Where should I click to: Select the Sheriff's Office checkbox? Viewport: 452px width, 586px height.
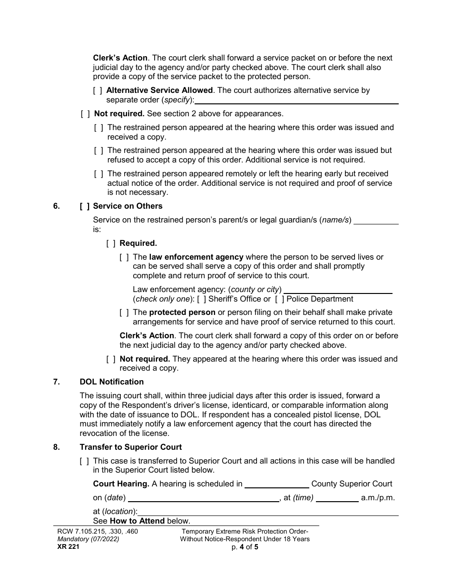pos(201,299)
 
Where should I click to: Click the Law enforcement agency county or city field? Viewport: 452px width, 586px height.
pos(338,290)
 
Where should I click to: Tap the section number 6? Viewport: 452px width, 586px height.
pos(57,206)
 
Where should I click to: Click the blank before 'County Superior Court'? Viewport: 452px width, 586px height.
pos(276,485)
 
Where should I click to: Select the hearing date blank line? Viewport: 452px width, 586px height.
pos(204,498)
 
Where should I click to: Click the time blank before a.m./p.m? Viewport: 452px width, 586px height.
pos(337,498)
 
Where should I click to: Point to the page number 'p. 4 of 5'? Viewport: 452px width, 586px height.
pos(245,547)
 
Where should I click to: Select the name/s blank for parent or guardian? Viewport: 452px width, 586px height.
pos(376,221)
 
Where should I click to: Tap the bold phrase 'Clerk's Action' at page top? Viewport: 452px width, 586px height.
pos(120,58)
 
